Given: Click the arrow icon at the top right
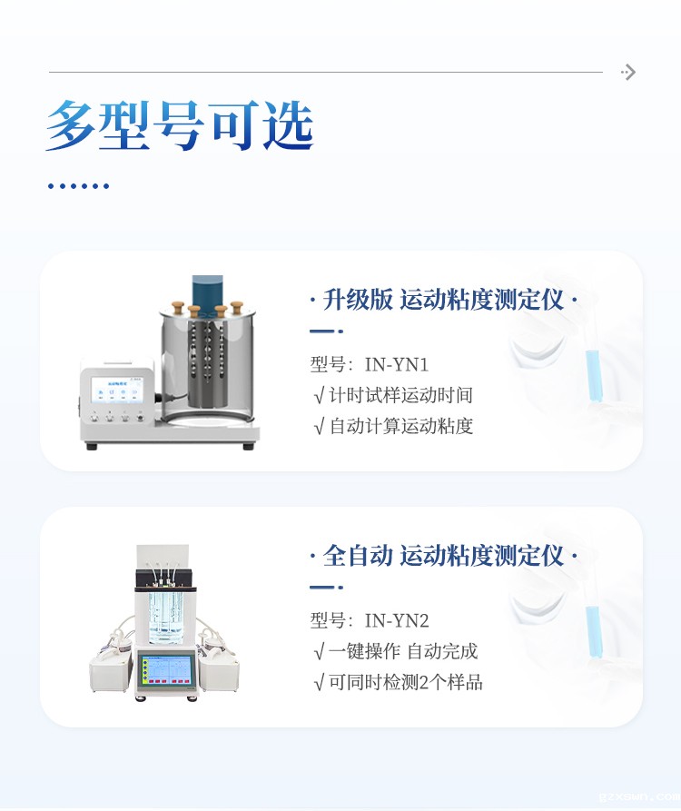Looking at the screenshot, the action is tap(628, 72).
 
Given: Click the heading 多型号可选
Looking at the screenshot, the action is tap(180, 125).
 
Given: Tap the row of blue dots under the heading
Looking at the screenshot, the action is tap(79, 185).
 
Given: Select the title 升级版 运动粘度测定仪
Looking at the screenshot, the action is tap(443, 300).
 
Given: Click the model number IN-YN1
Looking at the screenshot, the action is tap(397, 365).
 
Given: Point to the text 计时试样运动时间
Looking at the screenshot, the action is tap(400, 395).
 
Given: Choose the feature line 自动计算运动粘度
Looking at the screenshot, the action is tap(400, 426).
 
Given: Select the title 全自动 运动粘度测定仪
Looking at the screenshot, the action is tap(443, 556).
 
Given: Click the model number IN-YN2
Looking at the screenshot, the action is tap(397, 620).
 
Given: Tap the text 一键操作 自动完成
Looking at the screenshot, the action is tap(403, 651).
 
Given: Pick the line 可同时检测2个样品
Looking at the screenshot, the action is tap(405, 682).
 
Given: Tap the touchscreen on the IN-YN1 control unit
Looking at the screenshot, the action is tap(118, 390).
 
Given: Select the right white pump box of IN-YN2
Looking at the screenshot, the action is tap(219, 671).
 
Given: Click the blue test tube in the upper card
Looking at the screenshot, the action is tap(593, 375).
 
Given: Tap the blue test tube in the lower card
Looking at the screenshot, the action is tap(593, 631).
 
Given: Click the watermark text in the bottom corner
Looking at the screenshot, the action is tap(639, 797).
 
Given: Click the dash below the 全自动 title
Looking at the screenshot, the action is tap(326, 587).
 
